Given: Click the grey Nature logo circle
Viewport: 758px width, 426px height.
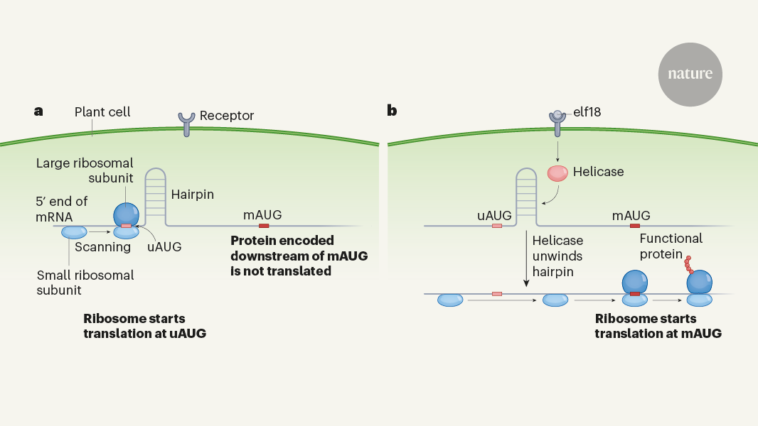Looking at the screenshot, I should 690,74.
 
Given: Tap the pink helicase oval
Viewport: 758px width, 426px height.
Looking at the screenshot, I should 558,173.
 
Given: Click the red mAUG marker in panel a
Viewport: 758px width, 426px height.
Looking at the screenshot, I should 264,226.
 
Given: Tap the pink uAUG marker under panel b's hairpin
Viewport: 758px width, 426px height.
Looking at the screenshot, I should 497,226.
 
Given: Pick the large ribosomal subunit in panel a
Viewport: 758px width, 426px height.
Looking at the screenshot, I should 126,213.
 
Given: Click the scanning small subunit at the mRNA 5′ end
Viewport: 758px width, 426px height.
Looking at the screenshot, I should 74,232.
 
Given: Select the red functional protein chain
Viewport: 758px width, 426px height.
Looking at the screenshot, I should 688,262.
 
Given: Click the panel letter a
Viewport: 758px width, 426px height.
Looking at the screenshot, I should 38,111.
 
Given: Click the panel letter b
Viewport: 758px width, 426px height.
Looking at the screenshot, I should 392,111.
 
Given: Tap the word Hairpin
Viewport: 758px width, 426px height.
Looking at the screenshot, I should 192,193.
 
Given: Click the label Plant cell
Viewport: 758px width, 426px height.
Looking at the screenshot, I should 102,112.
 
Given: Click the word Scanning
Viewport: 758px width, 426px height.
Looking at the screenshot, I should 103,247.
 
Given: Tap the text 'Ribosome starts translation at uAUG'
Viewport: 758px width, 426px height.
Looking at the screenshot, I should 145,326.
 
